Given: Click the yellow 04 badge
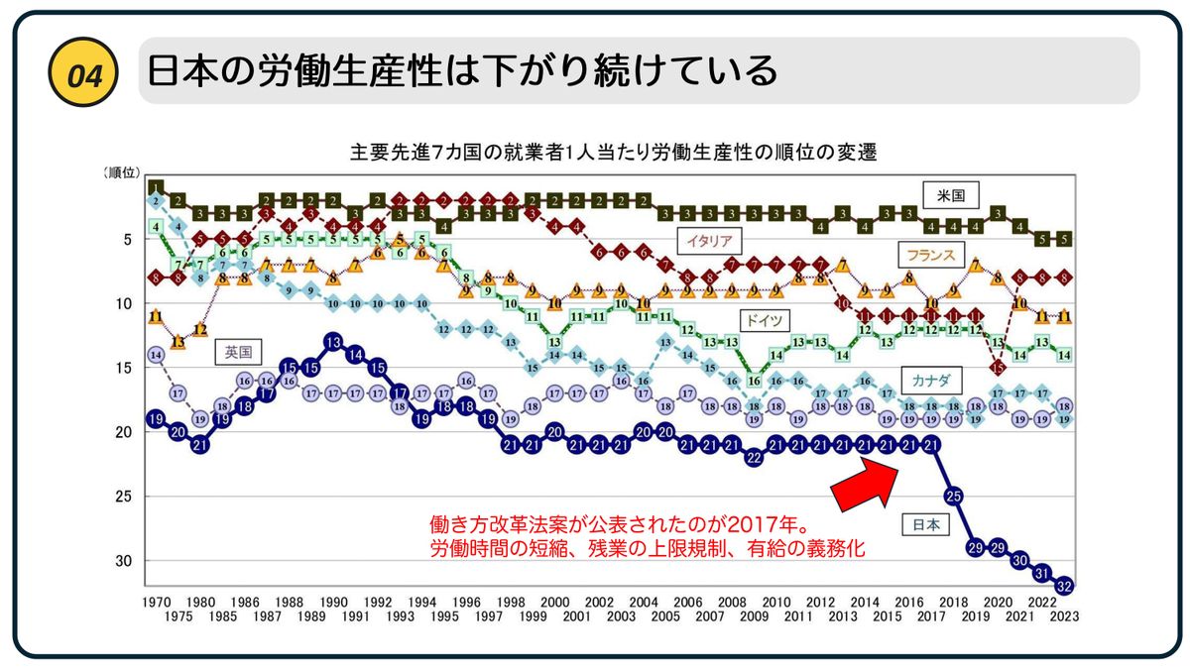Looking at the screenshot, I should [83, 71].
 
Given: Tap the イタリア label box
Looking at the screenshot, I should [706, 240].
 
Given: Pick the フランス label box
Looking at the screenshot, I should [929, 255].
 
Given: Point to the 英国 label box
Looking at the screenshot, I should [237, 351].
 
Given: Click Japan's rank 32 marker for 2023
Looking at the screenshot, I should [1064, 585].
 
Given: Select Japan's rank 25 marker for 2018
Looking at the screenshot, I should [953, 495].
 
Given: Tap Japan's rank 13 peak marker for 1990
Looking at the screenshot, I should [333, 342].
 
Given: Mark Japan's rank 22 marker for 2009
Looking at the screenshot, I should [754, 457].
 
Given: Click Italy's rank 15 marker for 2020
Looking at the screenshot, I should [998, 367].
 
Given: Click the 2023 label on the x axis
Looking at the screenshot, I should [1064, 614].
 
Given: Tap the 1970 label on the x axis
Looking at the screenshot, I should [155, 602].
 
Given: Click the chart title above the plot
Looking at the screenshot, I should [613, 154].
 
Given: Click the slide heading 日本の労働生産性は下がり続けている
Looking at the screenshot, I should [461, 71].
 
